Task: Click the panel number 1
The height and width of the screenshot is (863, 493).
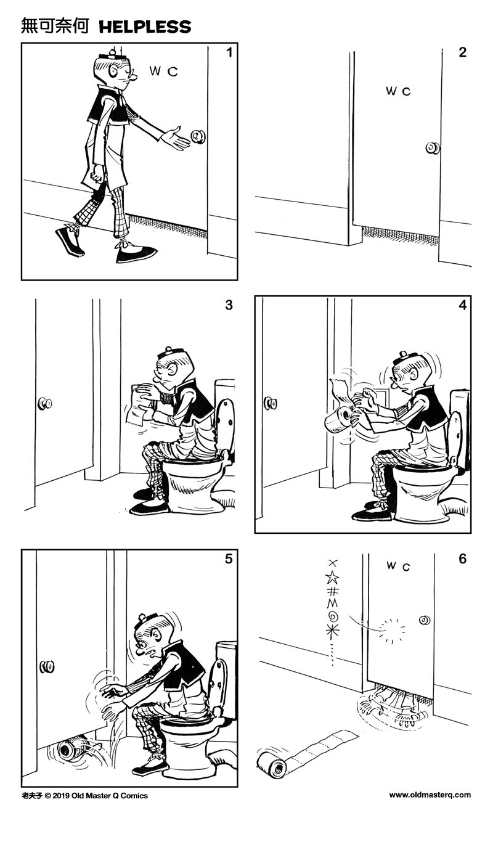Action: point(229,53)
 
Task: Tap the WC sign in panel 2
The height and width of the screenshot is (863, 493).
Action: point(398,91)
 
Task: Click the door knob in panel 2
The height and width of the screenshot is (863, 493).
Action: point(433,148)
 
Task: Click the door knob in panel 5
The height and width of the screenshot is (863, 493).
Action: point(47,666)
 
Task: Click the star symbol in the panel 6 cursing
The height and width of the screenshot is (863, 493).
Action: point(333,578)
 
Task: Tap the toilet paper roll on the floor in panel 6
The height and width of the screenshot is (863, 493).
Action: point(271,764)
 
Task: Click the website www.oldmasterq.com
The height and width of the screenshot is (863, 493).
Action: point(430,795)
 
